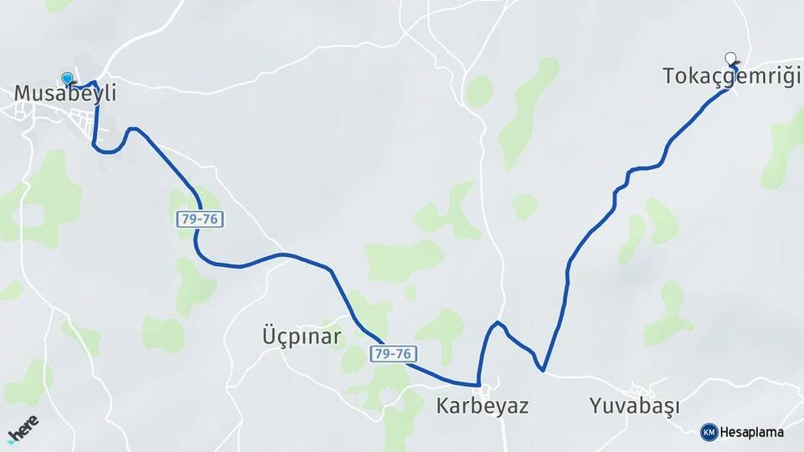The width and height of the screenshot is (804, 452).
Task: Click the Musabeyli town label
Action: tap(64, 95)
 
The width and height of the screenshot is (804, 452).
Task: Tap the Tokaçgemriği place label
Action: tap(727, 76)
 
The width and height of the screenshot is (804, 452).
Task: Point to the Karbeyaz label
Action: tap(482, 407)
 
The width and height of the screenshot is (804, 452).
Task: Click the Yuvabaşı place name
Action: tap(634, 407)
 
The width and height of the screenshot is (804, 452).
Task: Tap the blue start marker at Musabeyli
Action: tap(67, 79)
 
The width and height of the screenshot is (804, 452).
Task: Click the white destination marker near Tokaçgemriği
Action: tap(731, 59)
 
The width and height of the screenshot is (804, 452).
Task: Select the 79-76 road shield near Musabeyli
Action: tap(199, 219)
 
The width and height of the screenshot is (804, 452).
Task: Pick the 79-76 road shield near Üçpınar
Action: tap(393, 354)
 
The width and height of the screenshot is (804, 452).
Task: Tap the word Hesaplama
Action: tap(751, 433)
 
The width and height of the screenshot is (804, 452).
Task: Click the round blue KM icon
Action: tap(709, 432)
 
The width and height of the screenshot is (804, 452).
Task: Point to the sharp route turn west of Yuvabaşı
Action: tap(544, 369)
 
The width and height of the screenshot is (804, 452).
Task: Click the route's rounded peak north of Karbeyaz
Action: tap(497, 322)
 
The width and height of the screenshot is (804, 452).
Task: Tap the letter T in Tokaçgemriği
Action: tap(669, 76)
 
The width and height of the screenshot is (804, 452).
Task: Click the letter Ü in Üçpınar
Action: tap(259, 336)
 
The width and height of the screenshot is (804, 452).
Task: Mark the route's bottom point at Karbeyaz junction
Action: tap(478, 385)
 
